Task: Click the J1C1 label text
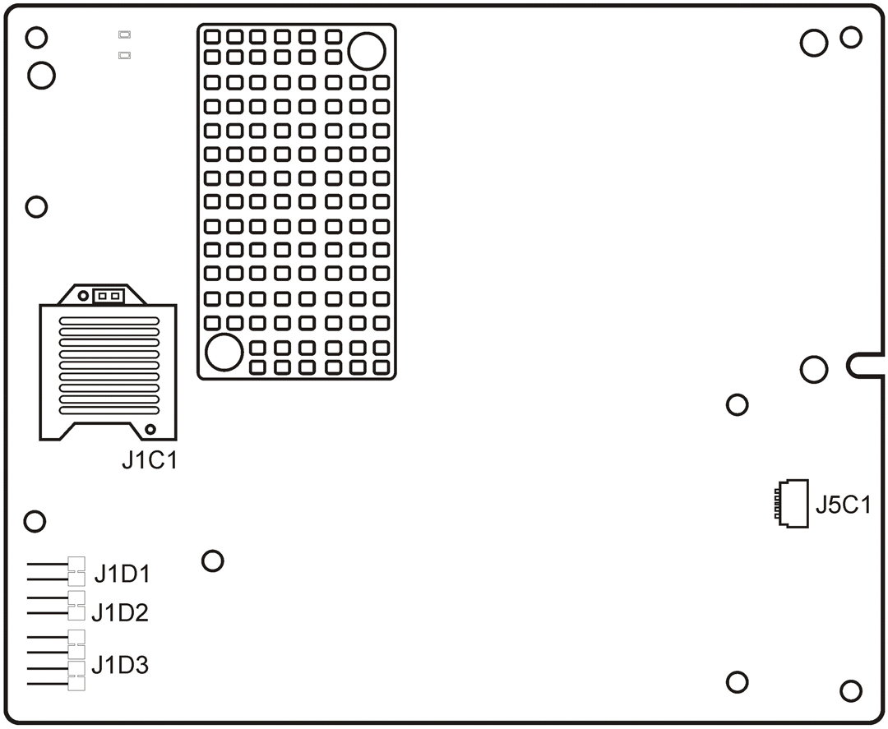pyautogui.click(x=149, y=461)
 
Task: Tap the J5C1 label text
pyautogui.click(x=843, y=505)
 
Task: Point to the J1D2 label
pyautogui.click(x=120, y=612)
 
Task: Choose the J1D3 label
pyautogui.click(x=120, y=665)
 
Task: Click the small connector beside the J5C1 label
pyautogui.click(x=791, y=503)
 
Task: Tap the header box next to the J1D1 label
pyautogui.click(x=76, y=565)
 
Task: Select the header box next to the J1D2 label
pyautogui.click(x=76, y=605)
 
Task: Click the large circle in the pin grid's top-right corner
pyautogui.click(x=366, y=51)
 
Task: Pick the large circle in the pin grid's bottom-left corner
pyautogui.click(x=223, y=352)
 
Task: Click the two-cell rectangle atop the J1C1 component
pyautogui.click(x=109, y=296)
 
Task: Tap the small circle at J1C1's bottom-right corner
pyautogui.click(x=150, y=430)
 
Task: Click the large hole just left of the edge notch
pyautogui.click(x=813, y=370)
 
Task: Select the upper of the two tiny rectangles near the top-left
pyautogui.click(x=124, y=35)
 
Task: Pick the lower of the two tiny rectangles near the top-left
pyautogui.click(x=124, y=56)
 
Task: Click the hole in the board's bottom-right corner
pyautogui.click(x=850, y=690)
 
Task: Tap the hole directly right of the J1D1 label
pyautogui.click(x=212, y=561)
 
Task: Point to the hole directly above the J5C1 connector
pyautogui.click(x=738, y=404)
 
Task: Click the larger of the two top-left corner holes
pyautogui.click(x=41, y=76)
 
